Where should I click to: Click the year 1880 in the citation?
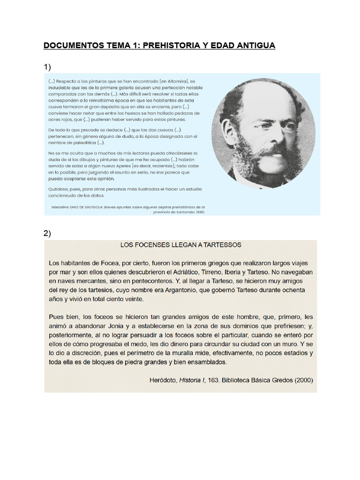click(200, 211)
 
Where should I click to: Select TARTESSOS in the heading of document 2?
click(221, 245)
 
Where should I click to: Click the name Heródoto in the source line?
click(163, 380)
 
